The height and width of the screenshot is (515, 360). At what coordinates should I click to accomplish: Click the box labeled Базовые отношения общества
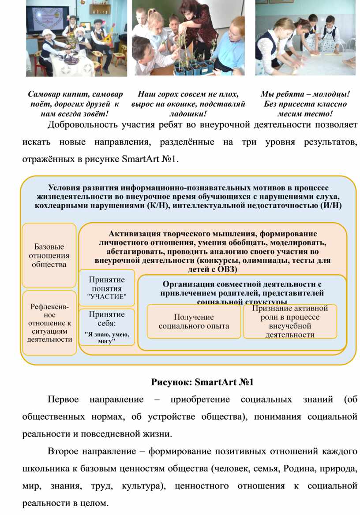pyautogui.click(x=49, y=255)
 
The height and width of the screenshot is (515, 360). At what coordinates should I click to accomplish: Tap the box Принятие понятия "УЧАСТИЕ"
pyautogui.click(x=106, y=288)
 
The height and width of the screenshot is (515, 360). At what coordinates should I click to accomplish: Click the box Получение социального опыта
pyautogui.click(x=194, y=321)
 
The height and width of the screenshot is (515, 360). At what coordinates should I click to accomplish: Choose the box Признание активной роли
pyautogui.click(x=290, y=321)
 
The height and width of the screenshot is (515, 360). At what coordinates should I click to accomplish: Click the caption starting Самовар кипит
pyautogui.click(x=75, y=104)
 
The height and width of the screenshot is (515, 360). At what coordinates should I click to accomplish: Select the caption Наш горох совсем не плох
pyautogui.click(x=188, y=104)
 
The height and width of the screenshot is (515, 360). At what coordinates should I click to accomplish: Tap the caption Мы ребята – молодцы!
pyautogui.click(x=305, y=104)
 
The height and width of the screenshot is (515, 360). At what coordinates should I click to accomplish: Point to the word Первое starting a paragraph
pyautogui.click(x=63, y=399)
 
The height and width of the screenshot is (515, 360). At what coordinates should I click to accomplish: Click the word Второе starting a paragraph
pyautogui.click(x=63, y=452)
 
